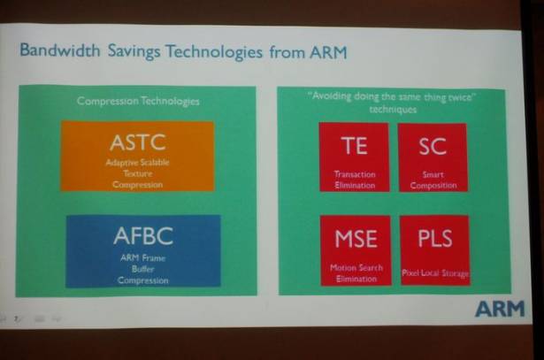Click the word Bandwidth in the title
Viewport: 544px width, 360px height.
(x=60, y=50)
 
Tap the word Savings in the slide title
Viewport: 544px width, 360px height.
(x=134, y=51)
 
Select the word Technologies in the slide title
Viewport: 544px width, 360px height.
(x=214, y=51)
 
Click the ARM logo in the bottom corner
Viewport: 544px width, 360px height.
(x=500, y=309)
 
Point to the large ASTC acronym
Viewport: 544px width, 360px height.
(x=138, y=142)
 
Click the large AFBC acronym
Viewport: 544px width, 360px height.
(x=143, y=236)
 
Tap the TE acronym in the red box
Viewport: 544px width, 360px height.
(x=354, y=146)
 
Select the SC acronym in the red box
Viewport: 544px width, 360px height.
(x=433, y=146)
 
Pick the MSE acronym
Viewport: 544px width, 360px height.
(x=356, y=239)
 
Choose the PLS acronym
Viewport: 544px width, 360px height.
(x=435, y=238)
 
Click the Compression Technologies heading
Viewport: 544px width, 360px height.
(x=138, y=101)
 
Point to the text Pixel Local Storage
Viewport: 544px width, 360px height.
(x=435, y=273)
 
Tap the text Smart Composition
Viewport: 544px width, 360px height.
(x=433, y=180)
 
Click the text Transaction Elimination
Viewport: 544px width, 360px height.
(x=355, y=180)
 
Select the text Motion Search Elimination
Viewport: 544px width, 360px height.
(x=356, y=273)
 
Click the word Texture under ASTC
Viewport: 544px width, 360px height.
(x=138, y=173)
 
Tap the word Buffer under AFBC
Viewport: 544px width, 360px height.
(x=143, y=269)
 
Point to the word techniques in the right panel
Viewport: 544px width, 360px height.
(x=393, y=110)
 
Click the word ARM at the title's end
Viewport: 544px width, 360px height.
(x=328, y=52)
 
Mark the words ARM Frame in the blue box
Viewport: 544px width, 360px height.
(x=143, y=258)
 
